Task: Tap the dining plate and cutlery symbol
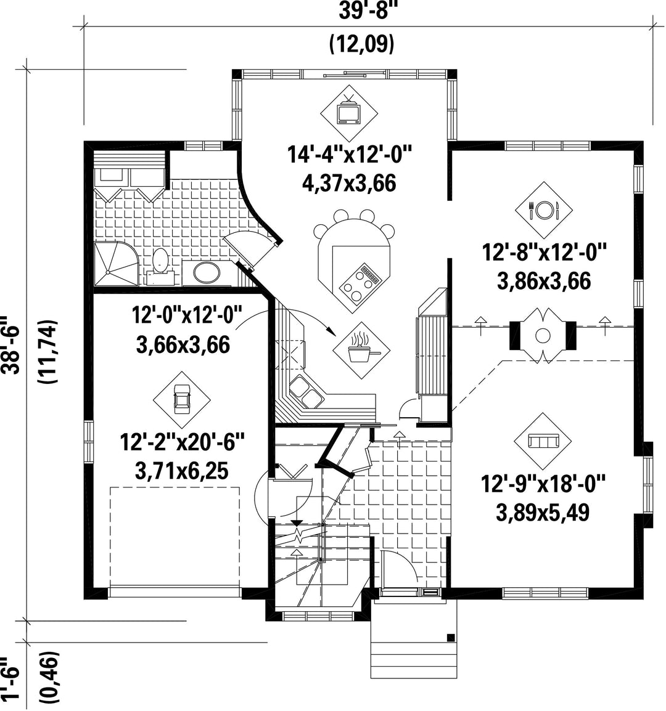tap(543, 210)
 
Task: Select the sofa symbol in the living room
tap(543, 441)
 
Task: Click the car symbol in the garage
tap(181, 399)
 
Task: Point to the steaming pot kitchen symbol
tap(361, 350)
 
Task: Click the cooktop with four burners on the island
tap(361, 283)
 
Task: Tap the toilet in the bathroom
tap(160, 264)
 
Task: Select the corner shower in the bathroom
tap(116, 264)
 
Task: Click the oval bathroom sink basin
tap(207, 272)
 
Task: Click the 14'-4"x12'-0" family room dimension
tap(349, 154)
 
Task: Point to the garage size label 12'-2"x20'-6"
tap(182, 442)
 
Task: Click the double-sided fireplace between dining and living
tap(543, 336)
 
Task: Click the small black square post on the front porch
tap(451, 637)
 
